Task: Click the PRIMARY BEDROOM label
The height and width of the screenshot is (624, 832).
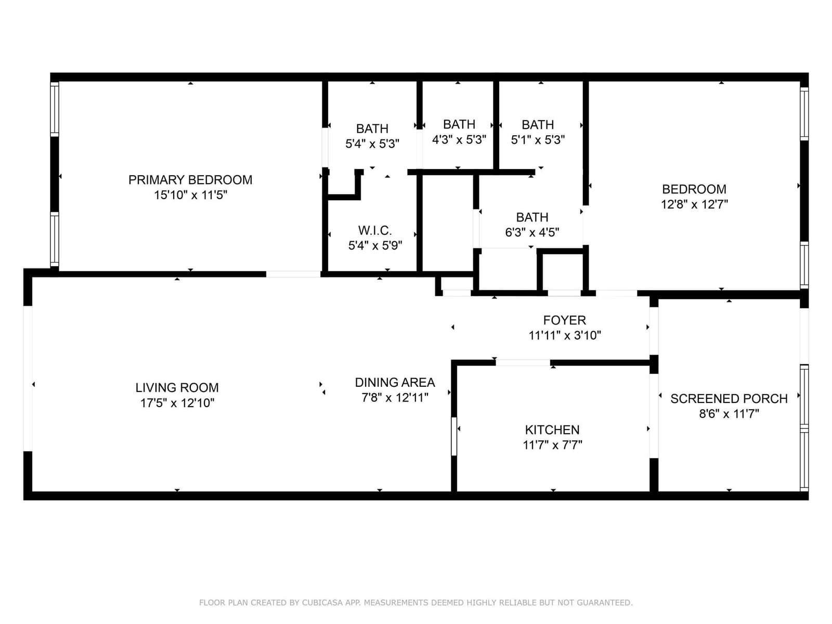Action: tap(190, 179)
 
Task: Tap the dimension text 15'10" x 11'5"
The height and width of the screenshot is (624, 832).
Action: tap(190, 195)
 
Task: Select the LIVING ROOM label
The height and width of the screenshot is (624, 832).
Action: tap(177, 387)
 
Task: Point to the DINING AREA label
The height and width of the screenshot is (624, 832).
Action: tap(395, 382)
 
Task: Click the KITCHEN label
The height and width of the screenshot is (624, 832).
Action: tap(552, 430)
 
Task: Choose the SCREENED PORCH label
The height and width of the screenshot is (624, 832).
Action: tap(729, 398)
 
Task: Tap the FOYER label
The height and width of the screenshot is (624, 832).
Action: tap(564, 320)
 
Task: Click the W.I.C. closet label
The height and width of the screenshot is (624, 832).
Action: tap(375, 230)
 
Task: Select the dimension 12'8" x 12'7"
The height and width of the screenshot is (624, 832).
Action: tap(694, 204)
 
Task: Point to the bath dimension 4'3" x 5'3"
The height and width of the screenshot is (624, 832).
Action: tap(459, 140)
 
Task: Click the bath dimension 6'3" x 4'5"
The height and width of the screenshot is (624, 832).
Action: tap(532, 232)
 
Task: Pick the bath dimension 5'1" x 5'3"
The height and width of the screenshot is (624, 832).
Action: tap(538, 140)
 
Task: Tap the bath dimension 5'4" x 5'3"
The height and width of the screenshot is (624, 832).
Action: tap(372, 144)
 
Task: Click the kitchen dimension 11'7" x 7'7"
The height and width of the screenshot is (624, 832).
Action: tap(552, 445)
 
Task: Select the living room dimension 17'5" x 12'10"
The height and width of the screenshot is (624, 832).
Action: tap(177, 403)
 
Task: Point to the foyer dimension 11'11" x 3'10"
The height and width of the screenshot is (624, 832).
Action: tap(564, 336)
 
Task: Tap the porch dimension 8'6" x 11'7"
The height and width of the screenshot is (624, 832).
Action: tap(729, 414)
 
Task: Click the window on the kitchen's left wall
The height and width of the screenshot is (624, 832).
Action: tap(454, 436)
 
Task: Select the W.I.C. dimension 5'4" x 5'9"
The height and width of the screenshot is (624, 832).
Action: tap(375, 246)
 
